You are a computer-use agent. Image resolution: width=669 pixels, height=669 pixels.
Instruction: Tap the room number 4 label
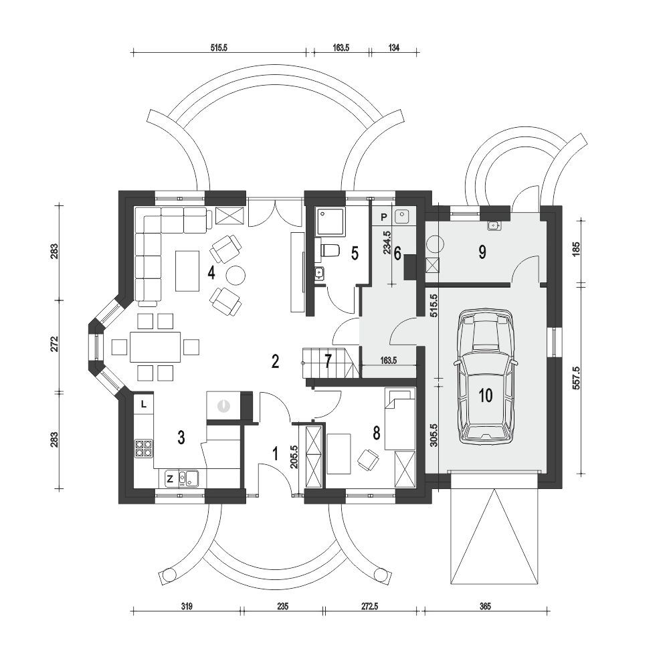[211, 273]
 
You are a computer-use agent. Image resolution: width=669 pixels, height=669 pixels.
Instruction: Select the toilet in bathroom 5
[328, 250]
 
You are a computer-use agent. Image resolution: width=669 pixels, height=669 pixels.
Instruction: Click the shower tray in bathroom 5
[330, 221]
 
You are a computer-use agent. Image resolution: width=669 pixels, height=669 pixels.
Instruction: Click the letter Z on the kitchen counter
[170, 479]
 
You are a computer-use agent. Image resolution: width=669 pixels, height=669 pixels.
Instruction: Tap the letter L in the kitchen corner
[144, 404]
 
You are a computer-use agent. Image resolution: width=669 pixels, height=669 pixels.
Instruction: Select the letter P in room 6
[383, 217]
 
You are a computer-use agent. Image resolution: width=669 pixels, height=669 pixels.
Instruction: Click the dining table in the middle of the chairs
[155, 347]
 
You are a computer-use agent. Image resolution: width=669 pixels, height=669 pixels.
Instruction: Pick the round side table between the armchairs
[235, 275]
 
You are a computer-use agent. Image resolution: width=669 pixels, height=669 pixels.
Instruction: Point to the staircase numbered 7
[328, 363]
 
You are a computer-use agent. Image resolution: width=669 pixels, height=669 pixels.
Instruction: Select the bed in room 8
[400, 419]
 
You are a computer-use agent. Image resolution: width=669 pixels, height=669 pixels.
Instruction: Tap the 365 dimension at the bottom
[486, 606]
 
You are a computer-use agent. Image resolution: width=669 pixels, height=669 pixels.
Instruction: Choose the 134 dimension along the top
[394, 47]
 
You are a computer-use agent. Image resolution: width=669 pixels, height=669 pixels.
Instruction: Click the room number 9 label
[482, 252]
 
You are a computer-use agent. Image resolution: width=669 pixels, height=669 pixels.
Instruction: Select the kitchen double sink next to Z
[188, 478]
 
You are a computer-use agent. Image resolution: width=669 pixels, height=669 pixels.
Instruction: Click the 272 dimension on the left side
[54, 344]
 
